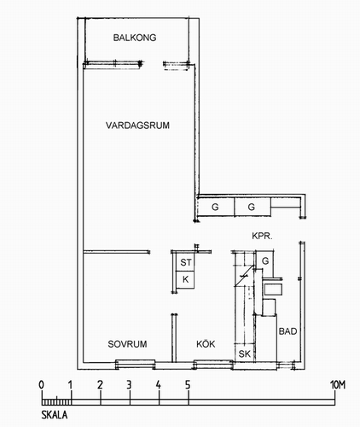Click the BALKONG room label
[x=135, y=38]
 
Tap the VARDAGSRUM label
[x=137, y=126]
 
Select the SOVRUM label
[x=127, y=344]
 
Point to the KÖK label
[x=206, y=343]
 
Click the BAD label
[x=287, y=331]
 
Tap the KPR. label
[x=262, y=236]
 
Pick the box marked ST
[x=185, y=262]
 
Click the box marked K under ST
[x=185, y=279]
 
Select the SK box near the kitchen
[x=244, y=354]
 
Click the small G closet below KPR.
[x=265, y=260]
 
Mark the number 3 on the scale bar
[x=129, y=385]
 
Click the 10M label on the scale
[x=338, y=385]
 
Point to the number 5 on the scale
[x=188, y=385]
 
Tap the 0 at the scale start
[x=42, y=385]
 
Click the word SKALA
[x=55, y=415]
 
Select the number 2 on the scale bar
[x=100, y=385]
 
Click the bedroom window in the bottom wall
[x=136, y=365]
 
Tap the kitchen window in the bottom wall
[x=213, y=365]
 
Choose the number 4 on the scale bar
[x=159, y=385]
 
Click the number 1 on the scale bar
[x=71, y=385]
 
